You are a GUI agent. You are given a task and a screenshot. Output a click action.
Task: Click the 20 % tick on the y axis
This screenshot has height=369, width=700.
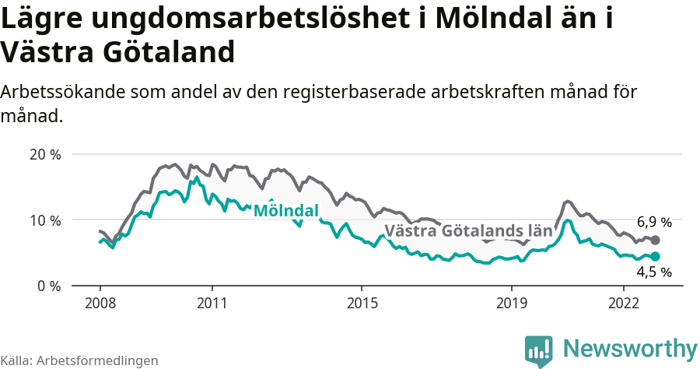coord(45,154)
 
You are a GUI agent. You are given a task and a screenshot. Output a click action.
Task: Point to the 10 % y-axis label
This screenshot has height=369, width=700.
coord(45,220)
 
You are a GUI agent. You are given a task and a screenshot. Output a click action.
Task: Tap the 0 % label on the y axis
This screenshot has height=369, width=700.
coord(49,286)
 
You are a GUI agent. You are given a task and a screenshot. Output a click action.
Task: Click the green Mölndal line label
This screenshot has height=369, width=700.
coord(286,211)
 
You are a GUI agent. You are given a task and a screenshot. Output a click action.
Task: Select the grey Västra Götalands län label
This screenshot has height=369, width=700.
coord(468,231)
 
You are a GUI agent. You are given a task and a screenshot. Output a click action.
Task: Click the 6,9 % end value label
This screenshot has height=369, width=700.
coord(654,222)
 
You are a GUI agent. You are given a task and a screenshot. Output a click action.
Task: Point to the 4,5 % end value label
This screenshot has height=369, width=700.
coord(654,272)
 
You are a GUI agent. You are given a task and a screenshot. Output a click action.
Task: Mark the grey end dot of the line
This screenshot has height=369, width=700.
coord(655,241)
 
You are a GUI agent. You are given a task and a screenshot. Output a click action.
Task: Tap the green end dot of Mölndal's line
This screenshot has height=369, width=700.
coord(655,256)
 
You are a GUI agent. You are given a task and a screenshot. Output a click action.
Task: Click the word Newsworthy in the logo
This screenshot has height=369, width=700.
coord(630,348)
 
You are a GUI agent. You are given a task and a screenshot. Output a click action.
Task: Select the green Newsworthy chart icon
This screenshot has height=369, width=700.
coord(539,350)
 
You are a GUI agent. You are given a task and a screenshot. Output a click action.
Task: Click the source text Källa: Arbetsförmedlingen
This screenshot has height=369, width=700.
coord(79,360)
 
